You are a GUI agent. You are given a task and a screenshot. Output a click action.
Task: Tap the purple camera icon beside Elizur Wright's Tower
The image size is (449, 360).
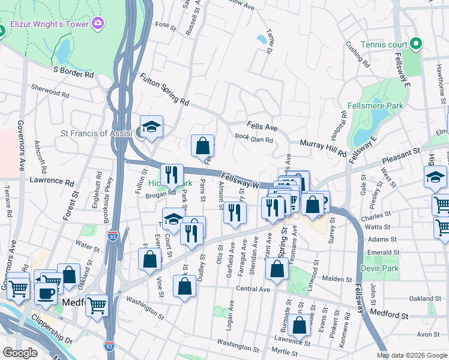pos(97,23)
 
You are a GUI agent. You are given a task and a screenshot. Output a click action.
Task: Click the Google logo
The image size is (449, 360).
pos(20,353)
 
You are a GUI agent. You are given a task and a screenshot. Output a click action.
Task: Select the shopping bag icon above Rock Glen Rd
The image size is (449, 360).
pos(203,145)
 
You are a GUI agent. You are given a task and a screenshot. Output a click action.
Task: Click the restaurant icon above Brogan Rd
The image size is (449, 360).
pos(172,174)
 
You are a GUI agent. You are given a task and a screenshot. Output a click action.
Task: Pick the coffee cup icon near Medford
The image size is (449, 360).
pos(46,293)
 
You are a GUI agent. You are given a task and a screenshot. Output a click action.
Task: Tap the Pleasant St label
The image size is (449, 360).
pos(401,160)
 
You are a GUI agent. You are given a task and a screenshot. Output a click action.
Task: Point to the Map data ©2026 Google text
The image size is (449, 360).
pos(411,355)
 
